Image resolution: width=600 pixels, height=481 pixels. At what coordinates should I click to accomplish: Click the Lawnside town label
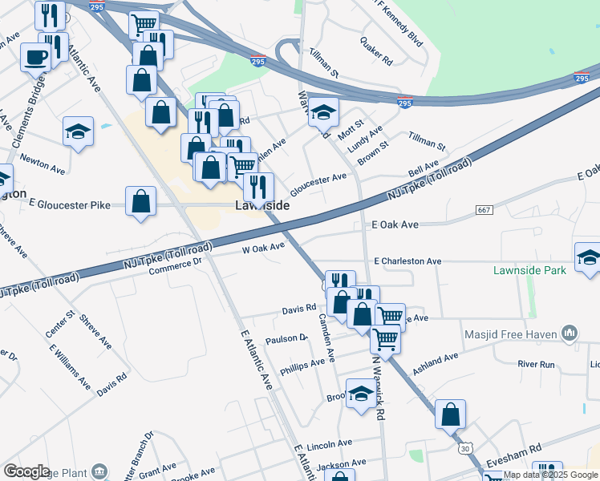click(262, 206)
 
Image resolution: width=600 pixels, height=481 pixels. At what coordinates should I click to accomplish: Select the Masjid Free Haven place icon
click(570, 332)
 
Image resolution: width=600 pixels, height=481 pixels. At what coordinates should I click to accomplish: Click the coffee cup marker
click(36, 58)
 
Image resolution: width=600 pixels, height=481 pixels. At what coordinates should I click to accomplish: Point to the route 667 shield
click(483, 210)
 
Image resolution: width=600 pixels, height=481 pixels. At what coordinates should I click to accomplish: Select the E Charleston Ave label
click(407, 261)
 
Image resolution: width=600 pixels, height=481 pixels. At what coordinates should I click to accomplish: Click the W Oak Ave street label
click(264, 249)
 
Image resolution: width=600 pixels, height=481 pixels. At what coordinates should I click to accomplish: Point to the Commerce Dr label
click(181, 265)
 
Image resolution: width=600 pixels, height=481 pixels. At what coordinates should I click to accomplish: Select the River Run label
click(537, 364)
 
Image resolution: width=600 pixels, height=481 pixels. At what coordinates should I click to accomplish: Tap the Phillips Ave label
click(302, 366)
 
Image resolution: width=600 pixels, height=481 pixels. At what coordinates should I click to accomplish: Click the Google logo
click(26, 471)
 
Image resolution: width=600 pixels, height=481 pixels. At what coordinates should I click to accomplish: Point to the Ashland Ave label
click(436, 363)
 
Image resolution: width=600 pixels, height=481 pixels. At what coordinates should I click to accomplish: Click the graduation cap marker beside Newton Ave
click(79, 132)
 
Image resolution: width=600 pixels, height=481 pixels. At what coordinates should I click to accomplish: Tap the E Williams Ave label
click(70, 366)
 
